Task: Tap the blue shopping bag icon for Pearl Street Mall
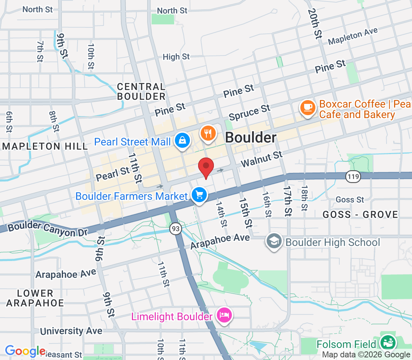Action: coord(182,141)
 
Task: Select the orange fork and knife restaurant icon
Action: coord(209,133)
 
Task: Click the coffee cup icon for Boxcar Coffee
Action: coord(308,108)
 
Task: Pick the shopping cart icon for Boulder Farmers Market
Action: coord(199,195)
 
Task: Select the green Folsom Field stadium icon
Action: coord(388,342)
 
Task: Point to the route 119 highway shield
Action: coord(353,177)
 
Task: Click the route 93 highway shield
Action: coord(175,228)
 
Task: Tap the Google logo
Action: coord(25,351)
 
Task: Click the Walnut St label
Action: coord(261,159)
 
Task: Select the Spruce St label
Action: coord(249,113)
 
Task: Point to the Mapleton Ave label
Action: coord(353,36)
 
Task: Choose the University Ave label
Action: coord(71,331)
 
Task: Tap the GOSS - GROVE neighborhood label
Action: coord(360,214)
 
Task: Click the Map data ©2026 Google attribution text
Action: coord(366,354)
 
